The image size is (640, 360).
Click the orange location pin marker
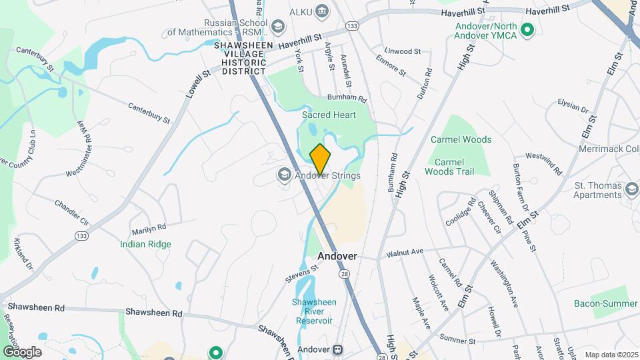click(320, 159)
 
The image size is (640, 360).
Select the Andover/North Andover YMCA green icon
click(528, 29)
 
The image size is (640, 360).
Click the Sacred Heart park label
click(329, 115)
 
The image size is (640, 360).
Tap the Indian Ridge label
click(145, 244)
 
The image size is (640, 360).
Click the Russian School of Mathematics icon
click(278, 27)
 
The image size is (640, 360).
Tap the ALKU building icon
click(322, 10)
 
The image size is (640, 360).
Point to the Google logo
click(22, 351)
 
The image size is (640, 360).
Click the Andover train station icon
click(338, 349)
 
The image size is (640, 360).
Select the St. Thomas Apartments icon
click(631, 190)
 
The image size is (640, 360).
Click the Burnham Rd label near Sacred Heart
click(353, 99)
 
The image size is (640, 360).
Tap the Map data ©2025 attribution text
click(610, 355)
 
